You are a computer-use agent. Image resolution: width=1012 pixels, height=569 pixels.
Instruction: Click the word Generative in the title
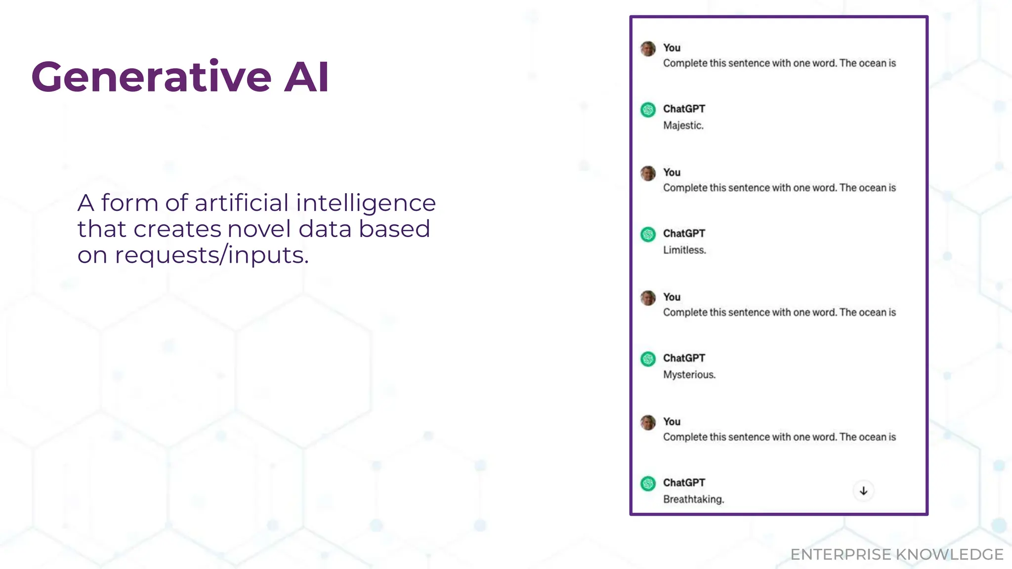point(151,77)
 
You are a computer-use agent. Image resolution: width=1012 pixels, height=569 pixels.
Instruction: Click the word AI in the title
point(306,77)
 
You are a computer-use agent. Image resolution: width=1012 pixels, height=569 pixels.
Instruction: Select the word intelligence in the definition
point(366,203)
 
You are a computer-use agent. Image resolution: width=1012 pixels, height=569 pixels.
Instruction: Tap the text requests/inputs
point(211,255)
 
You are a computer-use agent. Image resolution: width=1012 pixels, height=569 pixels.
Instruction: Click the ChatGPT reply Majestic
point(683,125)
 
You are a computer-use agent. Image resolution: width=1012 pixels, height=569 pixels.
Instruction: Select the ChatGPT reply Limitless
point(684,250)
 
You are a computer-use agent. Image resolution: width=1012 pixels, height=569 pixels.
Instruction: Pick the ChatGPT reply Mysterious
point(689,374)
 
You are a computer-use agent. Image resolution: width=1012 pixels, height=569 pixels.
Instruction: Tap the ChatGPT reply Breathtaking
point(693,499)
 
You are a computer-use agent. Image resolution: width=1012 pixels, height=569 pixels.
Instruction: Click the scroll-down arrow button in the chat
point(863,491)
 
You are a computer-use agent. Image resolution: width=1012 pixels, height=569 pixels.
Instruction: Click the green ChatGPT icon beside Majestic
point(648,110)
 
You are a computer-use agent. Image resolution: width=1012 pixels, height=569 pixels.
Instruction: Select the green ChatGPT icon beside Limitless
point(648,234)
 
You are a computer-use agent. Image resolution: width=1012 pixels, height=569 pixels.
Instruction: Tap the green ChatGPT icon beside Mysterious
point(648,359)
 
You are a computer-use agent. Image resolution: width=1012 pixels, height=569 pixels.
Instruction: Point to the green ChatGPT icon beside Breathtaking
point(648,484)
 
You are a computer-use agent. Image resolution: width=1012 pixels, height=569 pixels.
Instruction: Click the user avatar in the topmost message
point(648,48)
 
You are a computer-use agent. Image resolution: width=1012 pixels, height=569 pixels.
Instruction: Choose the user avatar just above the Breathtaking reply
point(648,422)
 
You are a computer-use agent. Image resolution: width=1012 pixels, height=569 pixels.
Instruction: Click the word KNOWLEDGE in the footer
point(950,555)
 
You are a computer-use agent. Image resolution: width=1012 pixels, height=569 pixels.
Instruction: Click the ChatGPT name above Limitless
point(684,233)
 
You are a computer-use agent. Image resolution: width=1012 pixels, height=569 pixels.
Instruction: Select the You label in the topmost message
point(672,48)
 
